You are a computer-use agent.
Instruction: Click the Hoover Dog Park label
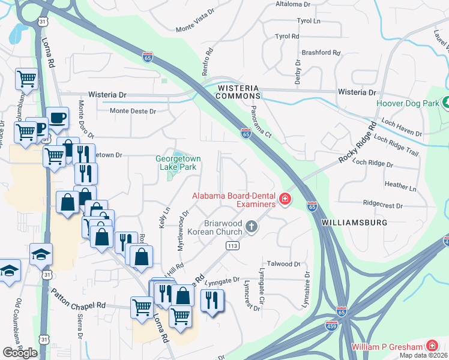pyautogui.click(x=407, y=103)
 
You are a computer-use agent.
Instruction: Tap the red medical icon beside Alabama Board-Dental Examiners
pyautogui.click(x=285, y=199)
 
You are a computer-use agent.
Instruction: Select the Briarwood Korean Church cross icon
pyautogui.click(x=252, y=227)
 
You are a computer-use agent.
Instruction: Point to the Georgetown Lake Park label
pyautogui.click(x=178, y=163)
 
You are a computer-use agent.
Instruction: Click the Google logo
pyautogui.click(x=20, y=353)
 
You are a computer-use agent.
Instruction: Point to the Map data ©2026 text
pyautogui.click(x=423, y=355)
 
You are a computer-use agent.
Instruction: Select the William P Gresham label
pyautogui.click(x=387, y=346)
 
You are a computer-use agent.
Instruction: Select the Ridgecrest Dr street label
pyautogui.click(x=382, y=205)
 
